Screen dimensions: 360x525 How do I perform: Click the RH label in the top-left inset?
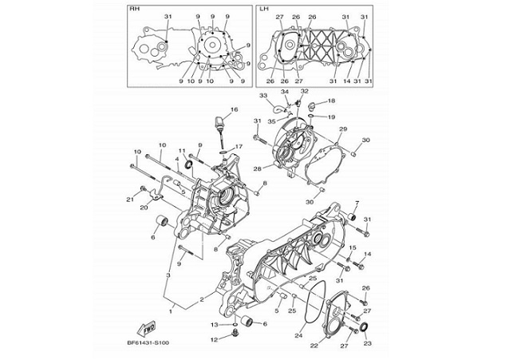[133, 9]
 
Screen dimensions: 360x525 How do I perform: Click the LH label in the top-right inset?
[264, 9]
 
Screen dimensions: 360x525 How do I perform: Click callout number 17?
[238, 147]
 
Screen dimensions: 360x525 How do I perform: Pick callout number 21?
[128, 199]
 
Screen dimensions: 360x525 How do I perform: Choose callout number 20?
[144, 208]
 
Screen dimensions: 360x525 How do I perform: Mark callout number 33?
[262, 97]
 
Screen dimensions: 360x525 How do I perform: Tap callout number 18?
[332, 101]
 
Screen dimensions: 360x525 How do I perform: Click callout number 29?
[342, 129]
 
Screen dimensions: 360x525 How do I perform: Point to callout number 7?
[357, 203]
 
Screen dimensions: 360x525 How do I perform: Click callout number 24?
[298, 336]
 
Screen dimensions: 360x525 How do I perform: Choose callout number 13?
[214, 325]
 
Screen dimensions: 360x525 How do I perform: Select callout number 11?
[182, 151]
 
